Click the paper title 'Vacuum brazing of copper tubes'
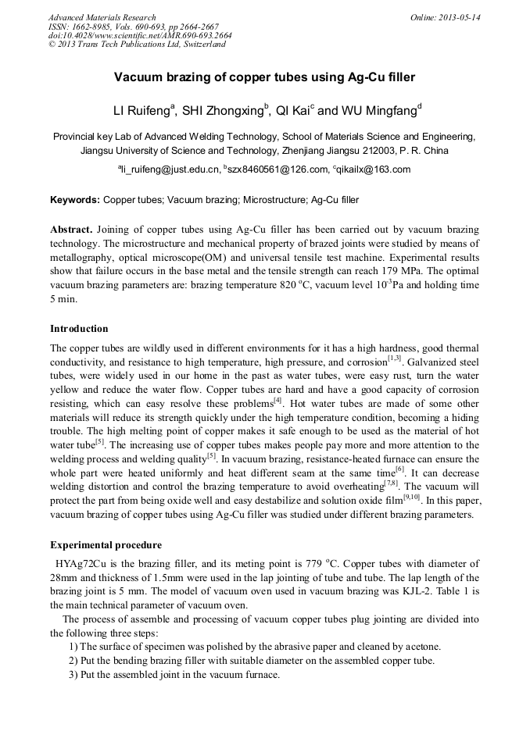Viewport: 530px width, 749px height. click(264, 77)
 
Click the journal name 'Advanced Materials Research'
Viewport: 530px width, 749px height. click(102, 17)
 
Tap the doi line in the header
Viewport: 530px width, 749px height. click(139, 35)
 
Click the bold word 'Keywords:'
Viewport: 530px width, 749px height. click(75, 200)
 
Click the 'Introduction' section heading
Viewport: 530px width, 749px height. click(79, 329)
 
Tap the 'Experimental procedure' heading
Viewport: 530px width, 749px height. click(106, 545)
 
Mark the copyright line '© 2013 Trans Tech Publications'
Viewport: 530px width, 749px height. click(137, 45)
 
